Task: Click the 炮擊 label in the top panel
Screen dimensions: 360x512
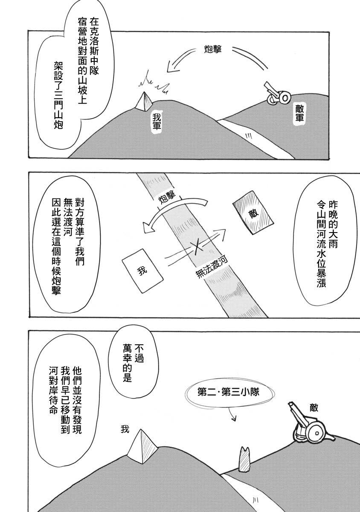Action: [213, 49]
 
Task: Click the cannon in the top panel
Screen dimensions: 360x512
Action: [276, 94]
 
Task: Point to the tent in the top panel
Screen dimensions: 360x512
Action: [144, 102]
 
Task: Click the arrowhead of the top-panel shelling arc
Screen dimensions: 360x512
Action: [171, 66]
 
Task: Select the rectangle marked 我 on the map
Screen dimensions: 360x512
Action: [142, 271]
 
